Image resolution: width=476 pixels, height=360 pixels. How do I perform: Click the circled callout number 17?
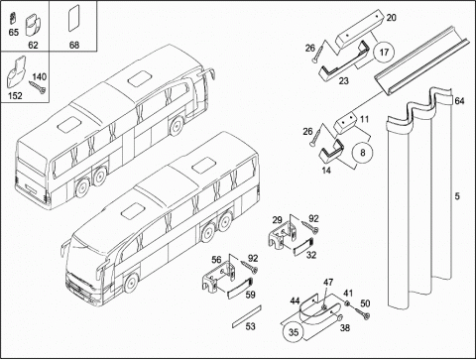[384, 53]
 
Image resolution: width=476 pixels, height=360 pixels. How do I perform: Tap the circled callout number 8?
[363, 153]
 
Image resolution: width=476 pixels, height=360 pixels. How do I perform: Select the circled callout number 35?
[294, 332]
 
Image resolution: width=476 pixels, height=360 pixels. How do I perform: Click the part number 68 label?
[74, 45]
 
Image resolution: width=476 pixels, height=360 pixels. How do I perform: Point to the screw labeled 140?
[38, 87]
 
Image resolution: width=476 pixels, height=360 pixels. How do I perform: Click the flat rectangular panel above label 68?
[74, 19]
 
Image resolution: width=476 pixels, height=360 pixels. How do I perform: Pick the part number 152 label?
[15, 96]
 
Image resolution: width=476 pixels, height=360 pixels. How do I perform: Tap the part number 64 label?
[459, 101]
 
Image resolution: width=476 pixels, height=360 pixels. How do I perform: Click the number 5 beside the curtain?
[457, 196]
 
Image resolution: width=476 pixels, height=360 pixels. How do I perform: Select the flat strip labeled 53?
[247, 316]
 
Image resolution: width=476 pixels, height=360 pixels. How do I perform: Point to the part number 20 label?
[391, 18]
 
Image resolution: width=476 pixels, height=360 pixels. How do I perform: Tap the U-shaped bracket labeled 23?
[344, 64]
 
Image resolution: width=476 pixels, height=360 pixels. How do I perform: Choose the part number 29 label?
[278, 220]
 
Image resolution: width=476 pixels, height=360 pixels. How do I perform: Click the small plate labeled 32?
[302, 247]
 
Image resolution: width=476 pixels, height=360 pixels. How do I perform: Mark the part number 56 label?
[216, 260]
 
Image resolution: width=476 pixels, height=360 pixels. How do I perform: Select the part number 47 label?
[328, 283]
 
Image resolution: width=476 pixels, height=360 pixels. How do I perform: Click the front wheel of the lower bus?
[131, 284]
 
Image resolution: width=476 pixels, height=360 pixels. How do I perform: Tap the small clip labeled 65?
[13, 19]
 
